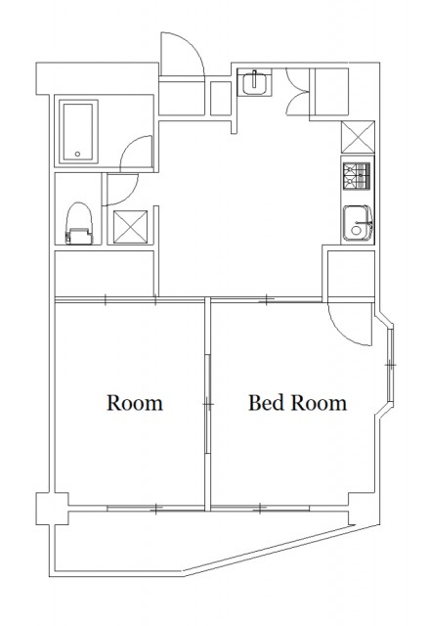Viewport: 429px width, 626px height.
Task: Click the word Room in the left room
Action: (135, 403)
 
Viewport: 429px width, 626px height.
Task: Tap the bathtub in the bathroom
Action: (78, 132)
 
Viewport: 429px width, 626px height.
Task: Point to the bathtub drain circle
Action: (78, 154)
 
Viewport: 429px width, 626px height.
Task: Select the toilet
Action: (80, 224)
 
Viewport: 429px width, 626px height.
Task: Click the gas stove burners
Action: (358, 176)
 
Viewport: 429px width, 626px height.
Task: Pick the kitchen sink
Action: (358, 223)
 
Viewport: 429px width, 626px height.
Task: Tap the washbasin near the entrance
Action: (254, 82)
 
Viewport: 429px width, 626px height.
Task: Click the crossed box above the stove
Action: (358, 137)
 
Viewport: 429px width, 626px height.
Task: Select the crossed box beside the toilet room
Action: (130, 227)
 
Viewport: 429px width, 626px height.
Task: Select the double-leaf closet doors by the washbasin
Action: (298, 92)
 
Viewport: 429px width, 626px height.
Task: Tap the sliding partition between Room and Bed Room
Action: (207, 404)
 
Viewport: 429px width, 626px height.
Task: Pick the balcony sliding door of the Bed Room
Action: (260, 509)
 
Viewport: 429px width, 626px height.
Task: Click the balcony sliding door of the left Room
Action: (155, 509)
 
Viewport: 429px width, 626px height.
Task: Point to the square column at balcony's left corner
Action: (52, 509)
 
